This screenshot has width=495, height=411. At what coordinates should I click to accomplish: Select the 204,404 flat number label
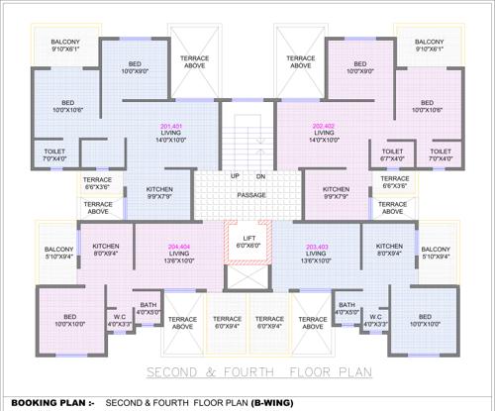(x=179, y=247)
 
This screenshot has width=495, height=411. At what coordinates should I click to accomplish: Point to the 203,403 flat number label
(x=317, y=247)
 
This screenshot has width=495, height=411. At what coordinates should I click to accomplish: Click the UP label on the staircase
(x=235, y=176)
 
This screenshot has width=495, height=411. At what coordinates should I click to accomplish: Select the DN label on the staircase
(x=259, y=176)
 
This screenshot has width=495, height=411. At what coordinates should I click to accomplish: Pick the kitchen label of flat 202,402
(x=336, y=188)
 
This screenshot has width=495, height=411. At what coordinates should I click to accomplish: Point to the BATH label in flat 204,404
(x=148, y=305)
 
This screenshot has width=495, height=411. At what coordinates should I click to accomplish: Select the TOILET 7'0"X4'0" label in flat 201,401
(x=53, y=152)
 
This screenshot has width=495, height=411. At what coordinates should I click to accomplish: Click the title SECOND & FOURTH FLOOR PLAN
(x=247, y=373)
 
